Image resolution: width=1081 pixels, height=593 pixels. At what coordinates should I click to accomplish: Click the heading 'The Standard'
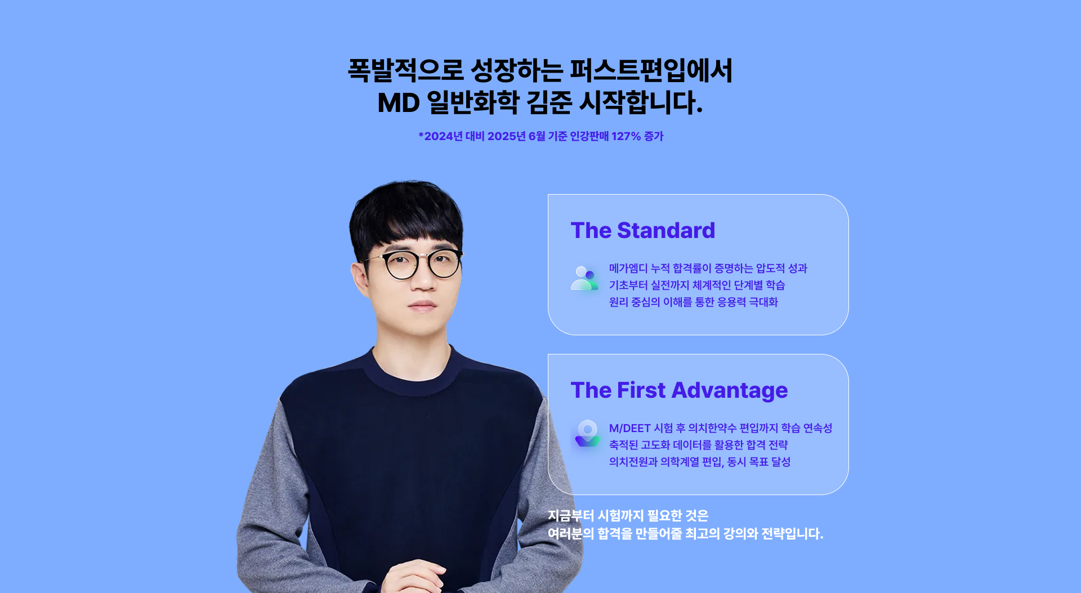tap(643, 231)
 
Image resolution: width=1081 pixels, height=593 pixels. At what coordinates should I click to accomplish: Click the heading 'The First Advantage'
tap(679, 390)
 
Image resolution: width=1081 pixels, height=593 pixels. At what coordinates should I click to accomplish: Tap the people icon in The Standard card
tap(584, 278)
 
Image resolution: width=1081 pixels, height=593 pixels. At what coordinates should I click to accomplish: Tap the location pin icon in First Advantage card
tap(587, 434)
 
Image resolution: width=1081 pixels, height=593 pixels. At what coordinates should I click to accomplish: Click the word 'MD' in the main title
tap(399, 103)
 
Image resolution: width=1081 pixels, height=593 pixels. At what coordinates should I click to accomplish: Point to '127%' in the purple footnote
tap(626, 136)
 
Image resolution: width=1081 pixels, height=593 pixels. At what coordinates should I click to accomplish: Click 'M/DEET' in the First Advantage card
tap(629, 428)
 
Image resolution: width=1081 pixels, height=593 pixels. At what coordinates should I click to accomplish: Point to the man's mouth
tap(422, 306)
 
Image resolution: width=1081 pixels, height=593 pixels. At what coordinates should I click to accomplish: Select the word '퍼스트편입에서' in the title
tap(651, 71)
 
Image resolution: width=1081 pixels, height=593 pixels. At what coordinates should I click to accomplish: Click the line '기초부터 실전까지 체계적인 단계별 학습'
tap(697, 285)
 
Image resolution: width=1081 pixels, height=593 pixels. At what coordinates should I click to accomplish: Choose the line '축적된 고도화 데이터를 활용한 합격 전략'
tap(699, 445)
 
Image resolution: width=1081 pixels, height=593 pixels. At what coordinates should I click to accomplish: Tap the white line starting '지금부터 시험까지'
tap(628, 515)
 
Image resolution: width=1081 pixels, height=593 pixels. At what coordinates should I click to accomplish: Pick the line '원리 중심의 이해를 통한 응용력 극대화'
tap(694, 302)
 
